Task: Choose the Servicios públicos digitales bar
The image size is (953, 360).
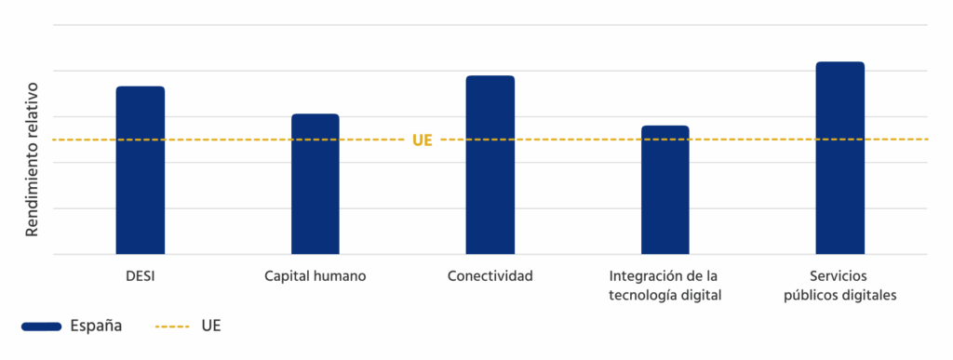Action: (x=840, y=157)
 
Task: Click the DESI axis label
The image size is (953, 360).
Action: (x=141, y=276)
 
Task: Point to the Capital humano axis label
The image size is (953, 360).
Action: (x=315, y=276)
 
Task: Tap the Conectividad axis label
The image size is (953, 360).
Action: (x=490, y=276)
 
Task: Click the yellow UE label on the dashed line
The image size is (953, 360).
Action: (x=423, y=140)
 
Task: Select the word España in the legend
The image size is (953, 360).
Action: (x=95, y=327)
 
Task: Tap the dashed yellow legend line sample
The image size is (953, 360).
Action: (x=172, y=327)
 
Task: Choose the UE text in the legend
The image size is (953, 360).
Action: (x=210, y=327)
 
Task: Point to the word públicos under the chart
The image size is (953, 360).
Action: (x=812, y=296)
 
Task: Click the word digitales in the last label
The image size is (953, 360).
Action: (x=868, y=296)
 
